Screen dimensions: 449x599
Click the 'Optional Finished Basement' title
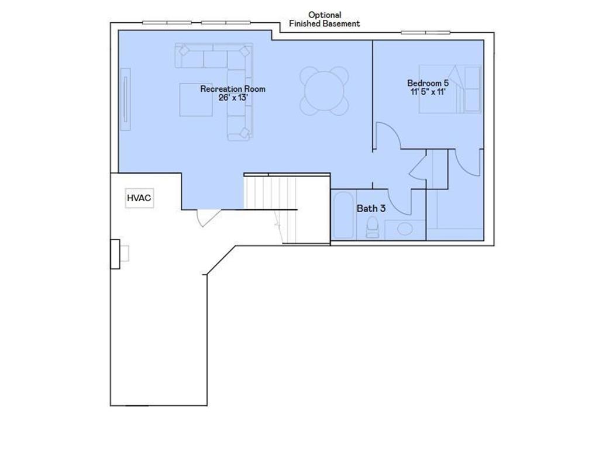coord(324,19)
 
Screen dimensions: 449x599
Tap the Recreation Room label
coord(233,89)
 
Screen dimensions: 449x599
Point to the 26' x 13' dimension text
coord(233,98)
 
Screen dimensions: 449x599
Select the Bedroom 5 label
coord(428,83)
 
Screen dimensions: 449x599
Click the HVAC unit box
coord(139,199)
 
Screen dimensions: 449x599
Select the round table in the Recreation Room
coord(324,91)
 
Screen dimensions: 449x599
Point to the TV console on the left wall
coord(125,99)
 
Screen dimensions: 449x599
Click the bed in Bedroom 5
coord(450,89)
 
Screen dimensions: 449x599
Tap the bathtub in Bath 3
coord(343,216)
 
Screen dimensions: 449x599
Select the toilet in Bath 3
coord(373,227)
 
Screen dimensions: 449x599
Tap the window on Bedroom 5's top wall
coord(425,32)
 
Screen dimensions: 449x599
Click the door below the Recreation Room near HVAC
coord(208,217)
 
